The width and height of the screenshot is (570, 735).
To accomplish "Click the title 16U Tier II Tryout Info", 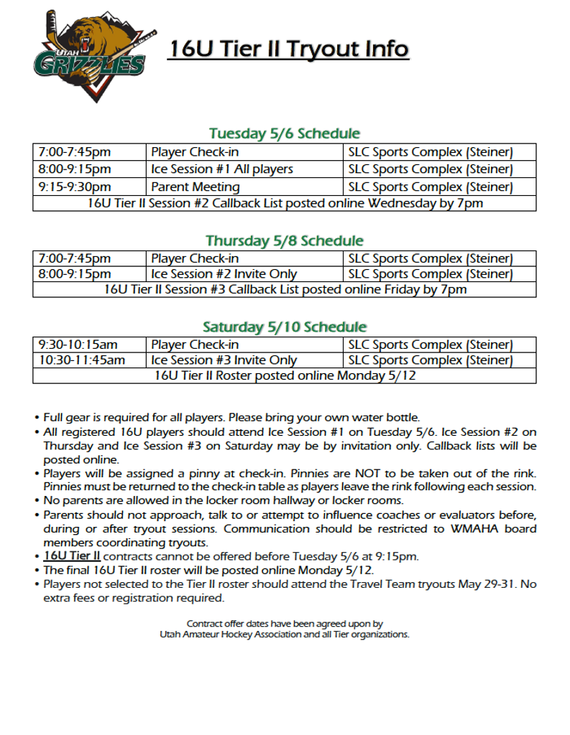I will pos(288,49).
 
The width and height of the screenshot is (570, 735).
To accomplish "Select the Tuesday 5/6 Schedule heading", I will pos(284,134).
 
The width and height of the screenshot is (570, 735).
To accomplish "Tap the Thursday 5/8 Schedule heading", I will pos(284,240).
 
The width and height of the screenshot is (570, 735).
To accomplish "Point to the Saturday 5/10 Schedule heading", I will pos(284,327).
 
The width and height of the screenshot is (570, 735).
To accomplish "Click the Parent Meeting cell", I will pos(196,187).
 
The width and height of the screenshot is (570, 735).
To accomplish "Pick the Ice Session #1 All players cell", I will pos(222,169).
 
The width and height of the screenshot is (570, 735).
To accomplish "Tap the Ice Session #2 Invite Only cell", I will pos(224,274).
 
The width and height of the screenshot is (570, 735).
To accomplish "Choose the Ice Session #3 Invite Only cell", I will pos(224,360).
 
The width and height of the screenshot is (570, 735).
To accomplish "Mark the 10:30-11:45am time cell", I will pos(82,360).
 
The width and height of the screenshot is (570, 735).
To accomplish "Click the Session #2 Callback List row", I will pos(285,203).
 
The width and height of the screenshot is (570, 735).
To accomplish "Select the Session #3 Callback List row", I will pos(285,290).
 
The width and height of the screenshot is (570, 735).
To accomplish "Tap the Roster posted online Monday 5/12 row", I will pos(285,375).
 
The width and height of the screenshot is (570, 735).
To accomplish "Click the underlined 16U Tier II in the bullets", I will pos(71,556).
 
